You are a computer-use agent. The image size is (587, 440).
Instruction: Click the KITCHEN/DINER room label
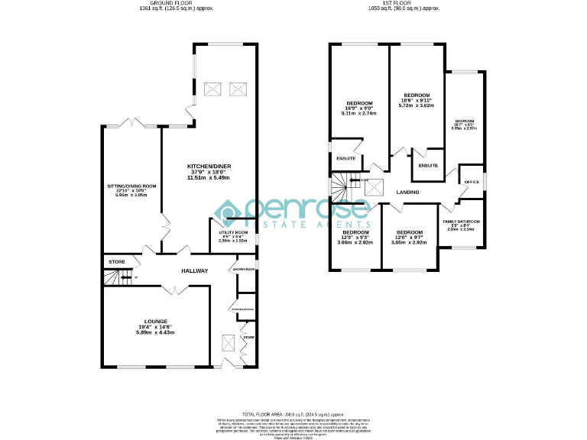(x=209, y=166)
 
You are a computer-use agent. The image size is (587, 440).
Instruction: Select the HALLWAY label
(x=194, y=271)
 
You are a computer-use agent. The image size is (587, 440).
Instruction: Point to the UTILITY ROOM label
(x=233, y=231)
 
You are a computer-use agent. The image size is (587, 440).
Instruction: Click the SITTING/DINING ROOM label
(x=131, y=186)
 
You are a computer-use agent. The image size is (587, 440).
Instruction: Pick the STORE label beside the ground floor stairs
(x=116, y=262)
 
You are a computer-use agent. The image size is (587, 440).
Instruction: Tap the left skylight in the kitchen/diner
(x=215, y=90)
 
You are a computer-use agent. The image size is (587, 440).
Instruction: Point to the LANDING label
(x=407, y=192)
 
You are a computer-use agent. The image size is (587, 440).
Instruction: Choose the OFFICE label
(x=472, y=182)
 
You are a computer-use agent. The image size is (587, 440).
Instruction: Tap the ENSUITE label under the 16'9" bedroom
(x=345, y=158)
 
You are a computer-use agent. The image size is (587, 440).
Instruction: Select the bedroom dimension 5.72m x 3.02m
(x=416, y=105)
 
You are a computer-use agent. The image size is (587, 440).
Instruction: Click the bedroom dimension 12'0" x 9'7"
(x=410, y=238)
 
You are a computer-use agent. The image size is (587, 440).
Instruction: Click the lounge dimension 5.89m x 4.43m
(x=156, y=332)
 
